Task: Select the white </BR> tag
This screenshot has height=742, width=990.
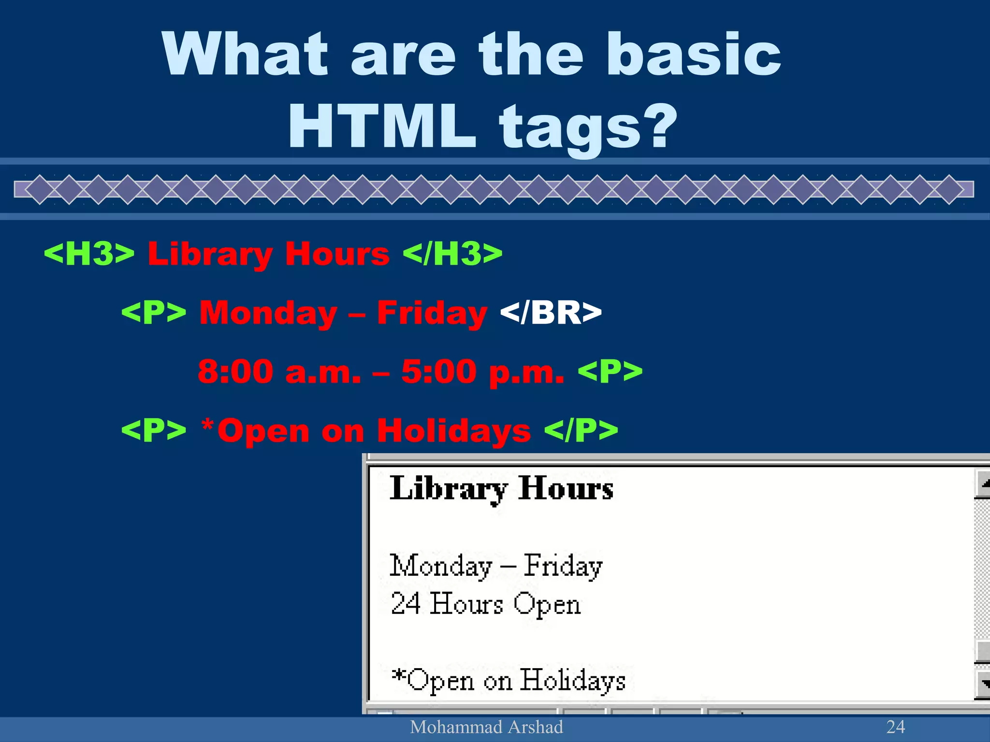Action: pos(551,313)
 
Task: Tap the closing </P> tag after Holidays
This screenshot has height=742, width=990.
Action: pos(581,430)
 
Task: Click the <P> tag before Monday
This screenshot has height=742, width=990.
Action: pos(154,313)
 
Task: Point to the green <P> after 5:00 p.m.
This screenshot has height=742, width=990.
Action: pos(610,371)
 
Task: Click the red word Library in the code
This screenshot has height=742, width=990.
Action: pos(210,254)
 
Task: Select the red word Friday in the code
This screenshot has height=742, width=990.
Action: pos(432,313)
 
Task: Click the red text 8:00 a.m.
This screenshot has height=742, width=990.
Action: pos(279,371)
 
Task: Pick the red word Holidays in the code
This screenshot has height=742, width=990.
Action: pos(453,430)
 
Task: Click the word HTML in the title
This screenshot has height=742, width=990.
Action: pos(382,127)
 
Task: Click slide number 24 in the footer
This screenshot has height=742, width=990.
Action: pos(895,727)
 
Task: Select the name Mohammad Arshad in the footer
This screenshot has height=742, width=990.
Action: pos(486,727)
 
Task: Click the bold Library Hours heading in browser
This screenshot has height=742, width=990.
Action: pos(501,488)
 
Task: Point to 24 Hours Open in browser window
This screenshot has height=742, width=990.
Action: pos(485,604)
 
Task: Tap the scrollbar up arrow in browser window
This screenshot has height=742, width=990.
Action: pos(983,483)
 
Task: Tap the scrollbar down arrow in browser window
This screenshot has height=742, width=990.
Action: pos(983,684)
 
